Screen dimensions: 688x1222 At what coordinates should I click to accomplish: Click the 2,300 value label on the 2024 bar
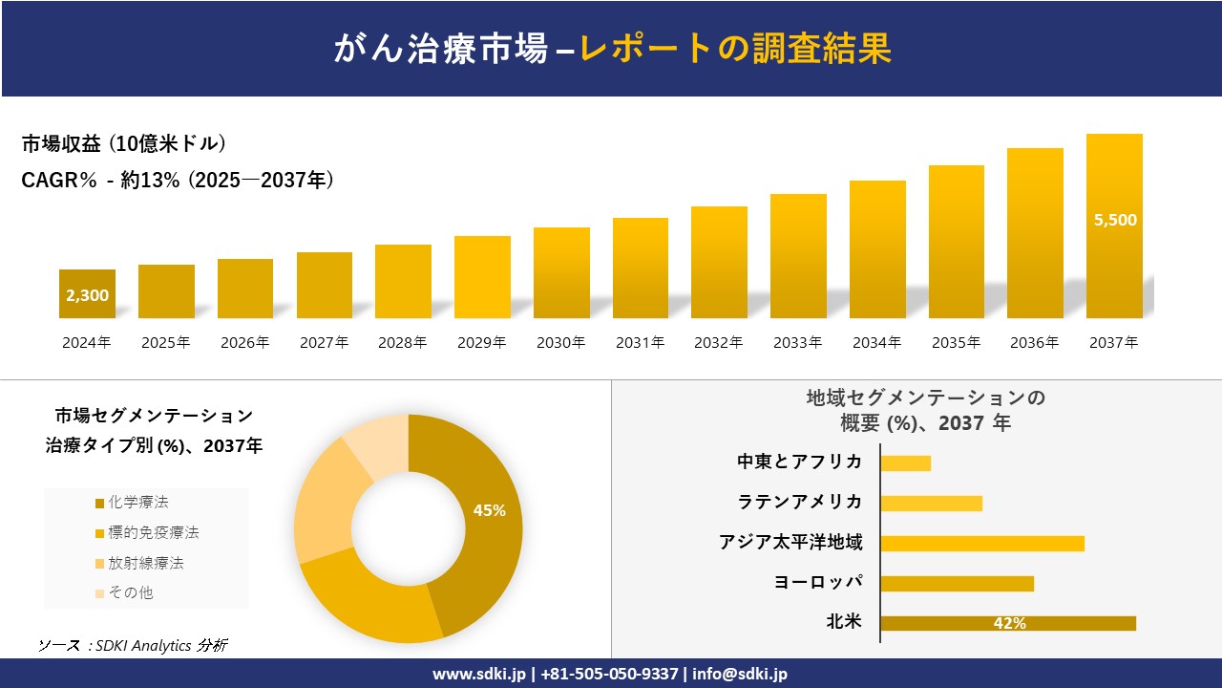(x=87, y=295)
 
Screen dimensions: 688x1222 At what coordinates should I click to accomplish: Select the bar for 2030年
(x=561, y=273)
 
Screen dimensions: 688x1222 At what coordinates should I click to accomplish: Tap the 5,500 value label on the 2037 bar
(x=1115, y=220)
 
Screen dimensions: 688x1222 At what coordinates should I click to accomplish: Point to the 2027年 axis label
(x=324, y=342)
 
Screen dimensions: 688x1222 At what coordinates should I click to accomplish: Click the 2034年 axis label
(x=876, y=342)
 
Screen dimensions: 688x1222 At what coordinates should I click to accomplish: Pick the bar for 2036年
(x=1035, y=233)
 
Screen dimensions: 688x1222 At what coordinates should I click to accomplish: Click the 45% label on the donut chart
(x=489, y=510)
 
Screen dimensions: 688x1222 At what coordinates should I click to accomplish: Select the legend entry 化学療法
(x=137, y=503)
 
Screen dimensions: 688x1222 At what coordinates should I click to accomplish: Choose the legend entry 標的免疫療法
(x=153, y=532)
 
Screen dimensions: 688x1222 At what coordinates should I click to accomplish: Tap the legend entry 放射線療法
(x=145, y=563)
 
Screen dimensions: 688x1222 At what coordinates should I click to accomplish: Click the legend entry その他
(x=130, y=592)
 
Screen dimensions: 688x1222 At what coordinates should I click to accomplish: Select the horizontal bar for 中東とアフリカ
(x=905, y=463)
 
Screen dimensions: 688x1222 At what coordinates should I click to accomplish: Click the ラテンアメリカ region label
(x=800, y=502)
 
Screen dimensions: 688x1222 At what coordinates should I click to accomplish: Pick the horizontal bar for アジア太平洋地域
(x=982, y=544)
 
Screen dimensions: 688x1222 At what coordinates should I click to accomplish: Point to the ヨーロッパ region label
(x=818, y=582)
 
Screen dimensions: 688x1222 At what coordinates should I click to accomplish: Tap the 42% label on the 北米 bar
(x=1009, y=623)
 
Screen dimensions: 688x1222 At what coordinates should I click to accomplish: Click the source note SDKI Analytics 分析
(x=134, y=645)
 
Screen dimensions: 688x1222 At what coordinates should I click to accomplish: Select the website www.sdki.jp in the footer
(x=478, y=674)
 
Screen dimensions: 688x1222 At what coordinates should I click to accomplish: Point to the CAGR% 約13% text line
(x=178, y=181)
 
